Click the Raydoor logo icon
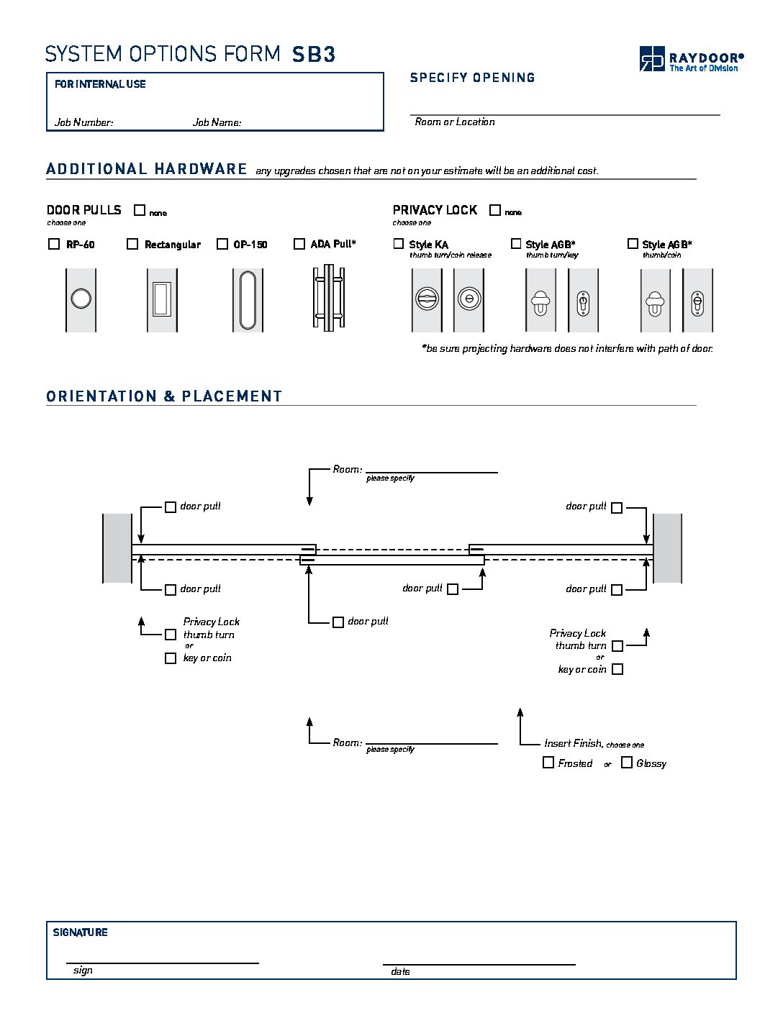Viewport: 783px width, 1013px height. (651, 59)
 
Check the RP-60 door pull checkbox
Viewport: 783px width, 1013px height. (54, 244)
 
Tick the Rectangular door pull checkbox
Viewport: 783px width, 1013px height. (132, 244)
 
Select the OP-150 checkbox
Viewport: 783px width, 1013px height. (222, 244)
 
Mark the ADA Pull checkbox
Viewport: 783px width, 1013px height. (299, 244)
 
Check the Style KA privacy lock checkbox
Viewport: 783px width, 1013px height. (398, 243)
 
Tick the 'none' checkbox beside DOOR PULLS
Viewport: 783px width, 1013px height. (140, 210)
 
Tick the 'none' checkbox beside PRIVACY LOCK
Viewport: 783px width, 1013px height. (495, 210)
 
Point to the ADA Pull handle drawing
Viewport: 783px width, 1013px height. (329, 298)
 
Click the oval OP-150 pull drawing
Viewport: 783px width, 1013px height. (248, 300)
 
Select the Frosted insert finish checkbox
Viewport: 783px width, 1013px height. (548, 762)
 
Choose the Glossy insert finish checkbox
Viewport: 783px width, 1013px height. (627, 762)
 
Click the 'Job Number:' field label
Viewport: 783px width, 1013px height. (84, 122)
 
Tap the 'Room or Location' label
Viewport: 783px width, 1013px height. (455, 122)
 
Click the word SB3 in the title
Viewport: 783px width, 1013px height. (313, 55)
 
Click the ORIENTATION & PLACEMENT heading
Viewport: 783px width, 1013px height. (163, 396)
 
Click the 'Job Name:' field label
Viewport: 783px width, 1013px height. (217, 122)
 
